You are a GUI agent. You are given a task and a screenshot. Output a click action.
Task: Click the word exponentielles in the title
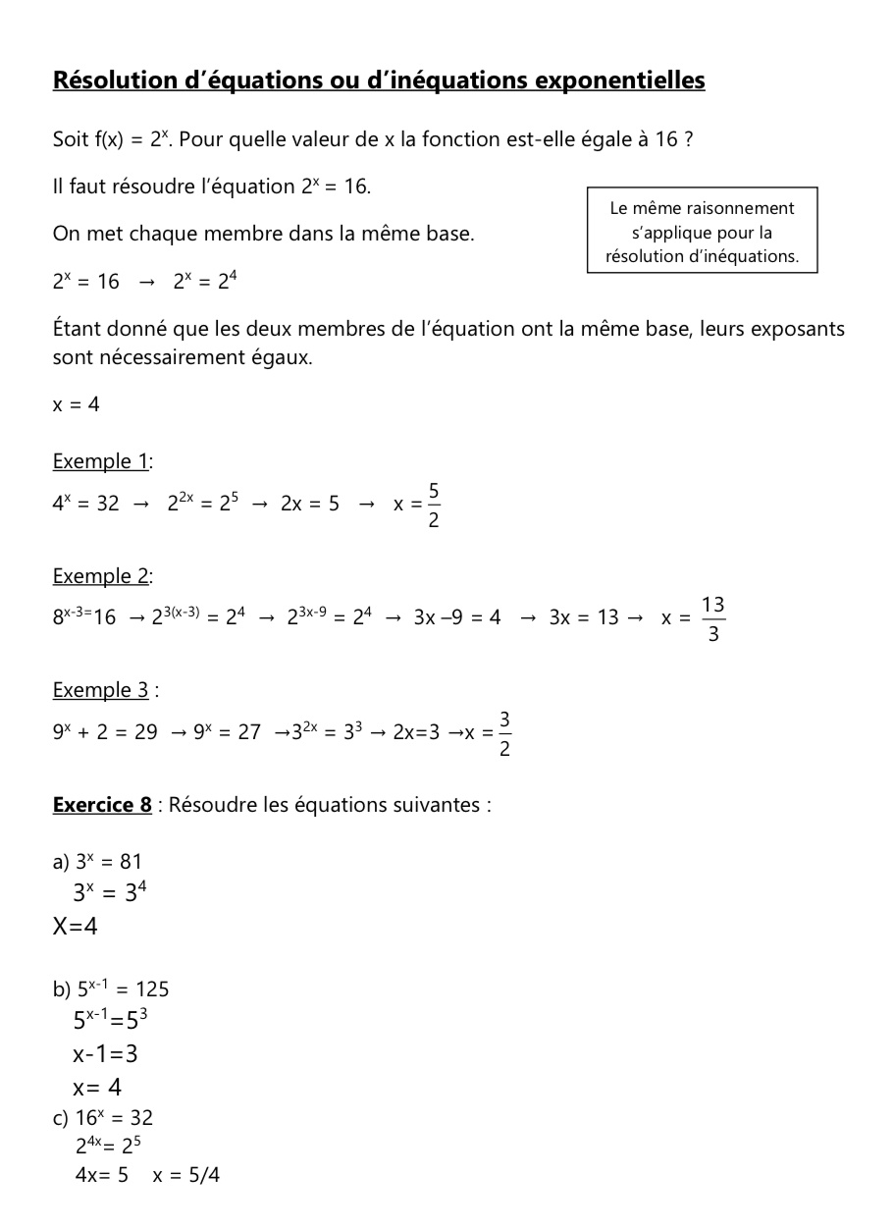(619, 80)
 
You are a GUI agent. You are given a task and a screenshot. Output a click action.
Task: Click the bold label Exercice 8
(102, 805)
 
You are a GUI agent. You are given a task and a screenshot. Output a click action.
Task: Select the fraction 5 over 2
(434, 505)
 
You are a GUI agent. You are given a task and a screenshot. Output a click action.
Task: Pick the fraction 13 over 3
(713, 619)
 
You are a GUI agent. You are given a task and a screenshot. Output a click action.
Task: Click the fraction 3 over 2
(504, 734)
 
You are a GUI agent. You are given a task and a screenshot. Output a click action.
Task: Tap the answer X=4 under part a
(76, 926)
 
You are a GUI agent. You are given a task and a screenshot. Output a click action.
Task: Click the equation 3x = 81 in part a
(109, 862)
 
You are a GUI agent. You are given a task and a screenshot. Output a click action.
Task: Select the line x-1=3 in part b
(105, 1054)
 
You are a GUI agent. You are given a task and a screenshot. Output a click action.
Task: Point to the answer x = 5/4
(186, 1175)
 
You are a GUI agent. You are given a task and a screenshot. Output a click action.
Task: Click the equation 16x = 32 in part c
(114, 1118)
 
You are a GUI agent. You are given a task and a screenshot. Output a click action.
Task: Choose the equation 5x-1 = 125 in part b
(123, 989)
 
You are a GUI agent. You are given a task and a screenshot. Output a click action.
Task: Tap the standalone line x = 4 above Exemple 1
(77, 404)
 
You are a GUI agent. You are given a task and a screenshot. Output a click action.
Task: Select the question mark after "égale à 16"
(689, 139)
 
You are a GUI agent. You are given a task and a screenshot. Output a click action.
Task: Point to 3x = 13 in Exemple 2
(584, 617)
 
